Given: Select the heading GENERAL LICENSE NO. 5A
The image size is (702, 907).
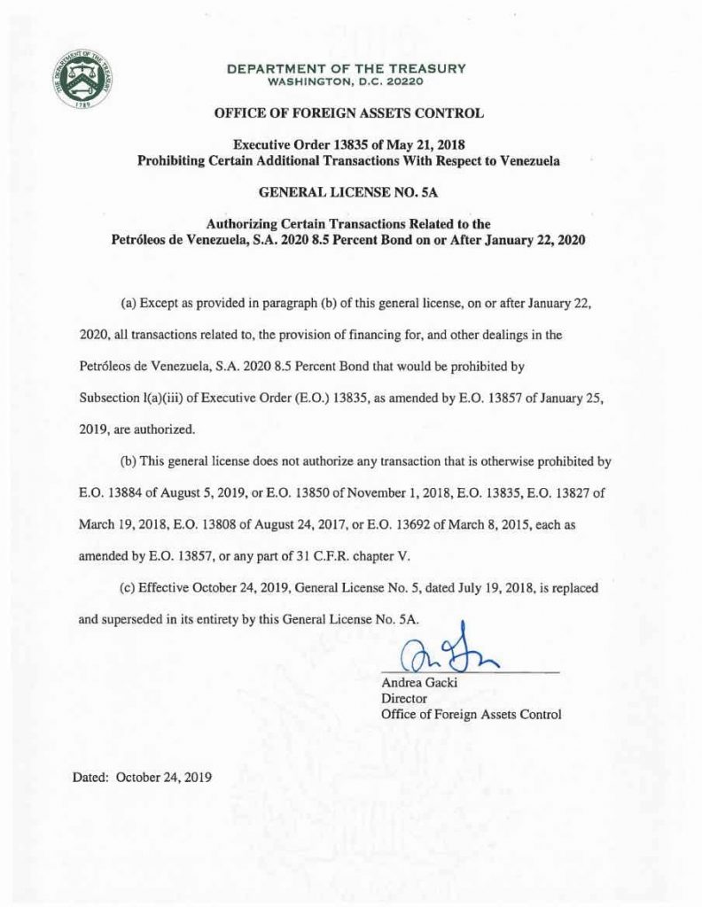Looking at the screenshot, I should pos(349,190).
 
